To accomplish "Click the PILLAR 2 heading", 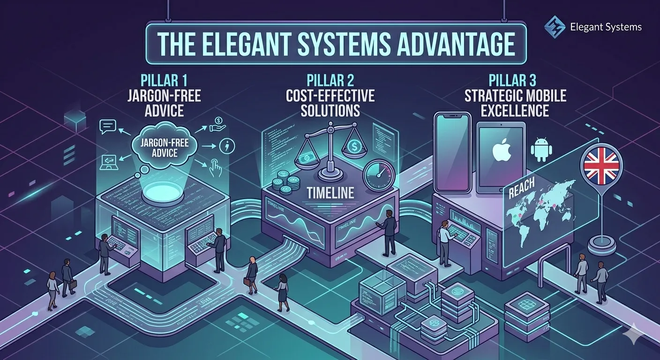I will point(331,81).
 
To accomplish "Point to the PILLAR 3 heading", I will point(515,81).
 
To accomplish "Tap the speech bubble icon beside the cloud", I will point(108,126).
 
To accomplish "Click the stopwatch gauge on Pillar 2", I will point(379,174).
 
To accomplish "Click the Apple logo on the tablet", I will point(500,151).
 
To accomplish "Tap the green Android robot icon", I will point(541,149).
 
